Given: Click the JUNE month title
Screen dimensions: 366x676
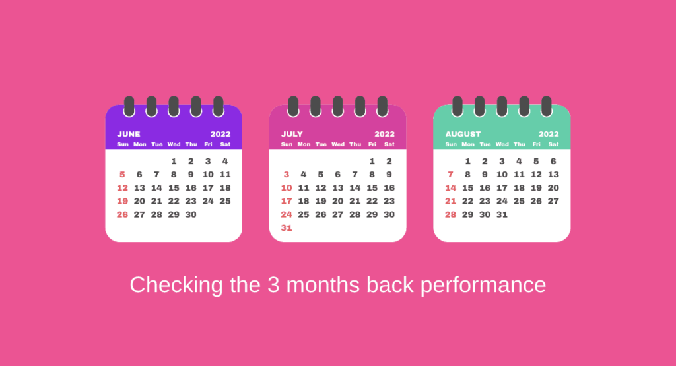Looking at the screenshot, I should click(129, 134).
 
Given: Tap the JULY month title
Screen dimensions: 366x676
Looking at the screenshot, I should click(292, 134).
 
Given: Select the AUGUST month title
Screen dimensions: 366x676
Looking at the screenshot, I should click(463, 134).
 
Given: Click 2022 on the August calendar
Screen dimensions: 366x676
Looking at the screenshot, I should click(549, 134).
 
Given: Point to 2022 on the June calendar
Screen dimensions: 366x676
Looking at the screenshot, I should click(220, 134).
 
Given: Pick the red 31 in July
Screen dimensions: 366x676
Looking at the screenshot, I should click(287, 228).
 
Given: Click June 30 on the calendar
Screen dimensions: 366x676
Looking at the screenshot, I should click(191, 214).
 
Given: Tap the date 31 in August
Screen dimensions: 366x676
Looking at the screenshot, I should click(502, 214).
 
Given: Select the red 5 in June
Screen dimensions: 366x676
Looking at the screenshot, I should click(122, 175).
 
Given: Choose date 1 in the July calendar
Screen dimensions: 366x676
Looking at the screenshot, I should click(372, 161).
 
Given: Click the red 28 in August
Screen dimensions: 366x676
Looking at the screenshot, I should click(450, 214).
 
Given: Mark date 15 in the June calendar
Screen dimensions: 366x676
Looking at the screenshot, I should click(174, 188).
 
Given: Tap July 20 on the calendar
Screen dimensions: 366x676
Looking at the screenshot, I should click(338, 201).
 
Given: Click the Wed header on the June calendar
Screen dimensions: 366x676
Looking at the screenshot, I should click(174, 144).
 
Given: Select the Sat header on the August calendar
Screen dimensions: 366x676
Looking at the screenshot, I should click(553, 144).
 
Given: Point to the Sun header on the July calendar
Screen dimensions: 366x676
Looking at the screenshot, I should click(287, 144).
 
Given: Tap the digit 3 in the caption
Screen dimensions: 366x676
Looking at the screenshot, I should click(273, 285).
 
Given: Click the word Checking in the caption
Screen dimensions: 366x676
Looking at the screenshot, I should click(168, 285).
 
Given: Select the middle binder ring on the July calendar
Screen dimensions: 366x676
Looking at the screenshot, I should click(338, 106).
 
